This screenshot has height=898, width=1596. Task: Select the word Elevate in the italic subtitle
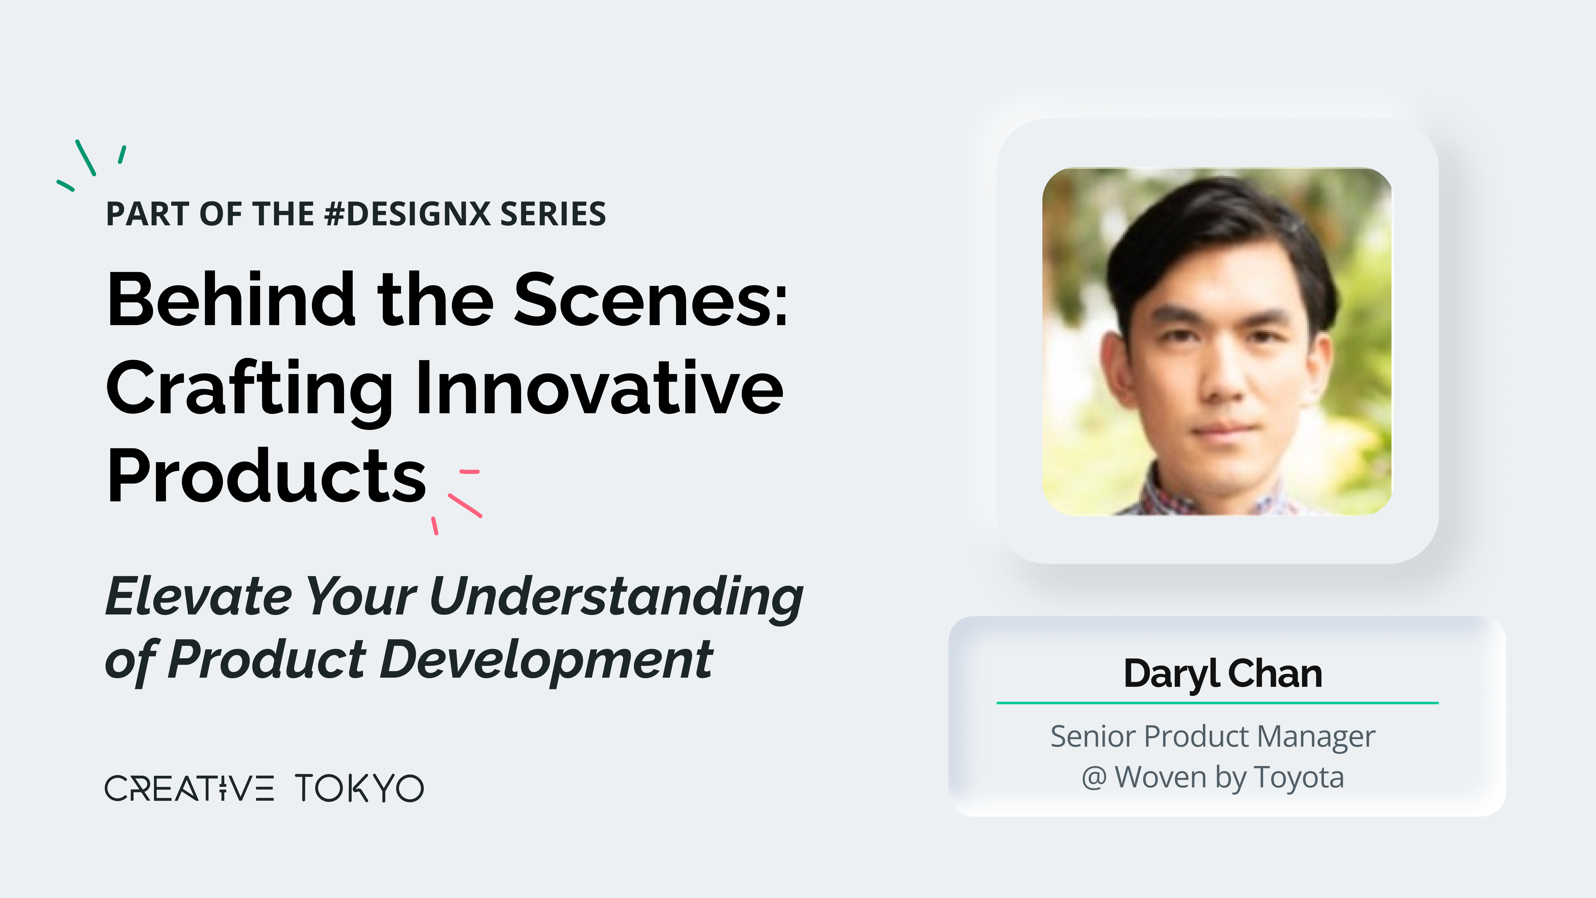[x=198, y=596]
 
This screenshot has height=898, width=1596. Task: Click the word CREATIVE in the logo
[x=189, y=788]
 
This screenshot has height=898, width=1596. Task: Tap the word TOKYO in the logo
[x=359, y=788]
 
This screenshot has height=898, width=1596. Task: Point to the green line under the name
[x=1218, y=703]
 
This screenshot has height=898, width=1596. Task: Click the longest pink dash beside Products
[x=465, y=505]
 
